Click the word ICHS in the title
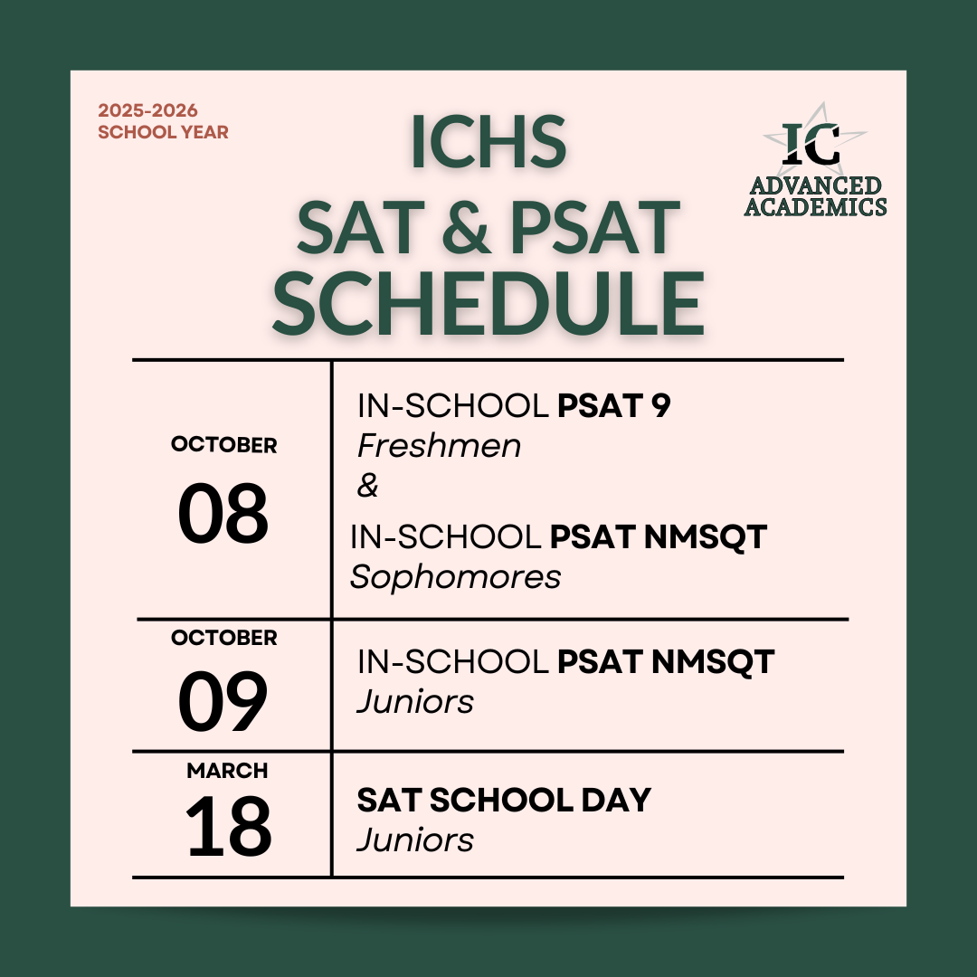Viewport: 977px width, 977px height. [x=488, y=142]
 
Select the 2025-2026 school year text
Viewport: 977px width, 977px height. [x=163, y=121]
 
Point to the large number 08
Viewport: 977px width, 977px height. [x=223, y=513]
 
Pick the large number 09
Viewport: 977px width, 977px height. [x=223, y=701]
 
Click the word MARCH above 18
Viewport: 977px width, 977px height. [x=227, y=771]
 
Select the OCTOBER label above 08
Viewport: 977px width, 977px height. [x=223, y=445]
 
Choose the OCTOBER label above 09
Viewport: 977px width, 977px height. [x=223, y=638]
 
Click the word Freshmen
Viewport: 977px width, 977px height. [x=439, y=446]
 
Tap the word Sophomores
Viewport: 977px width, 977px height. [x=456, y=577]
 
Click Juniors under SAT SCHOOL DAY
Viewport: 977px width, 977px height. [x=415, y=840]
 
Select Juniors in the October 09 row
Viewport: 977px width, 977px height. [x=415, y=702]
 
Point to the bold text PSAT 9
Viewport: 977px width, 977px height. [x=614, y=407]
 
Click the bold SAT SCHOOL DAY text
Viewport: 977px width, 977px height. [x=504, y=801]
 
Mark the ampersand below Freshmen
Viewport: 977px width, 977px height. [x=368, y=487]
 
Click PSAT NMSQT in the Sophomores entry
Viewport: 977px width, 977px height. [x=659, y=537]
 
